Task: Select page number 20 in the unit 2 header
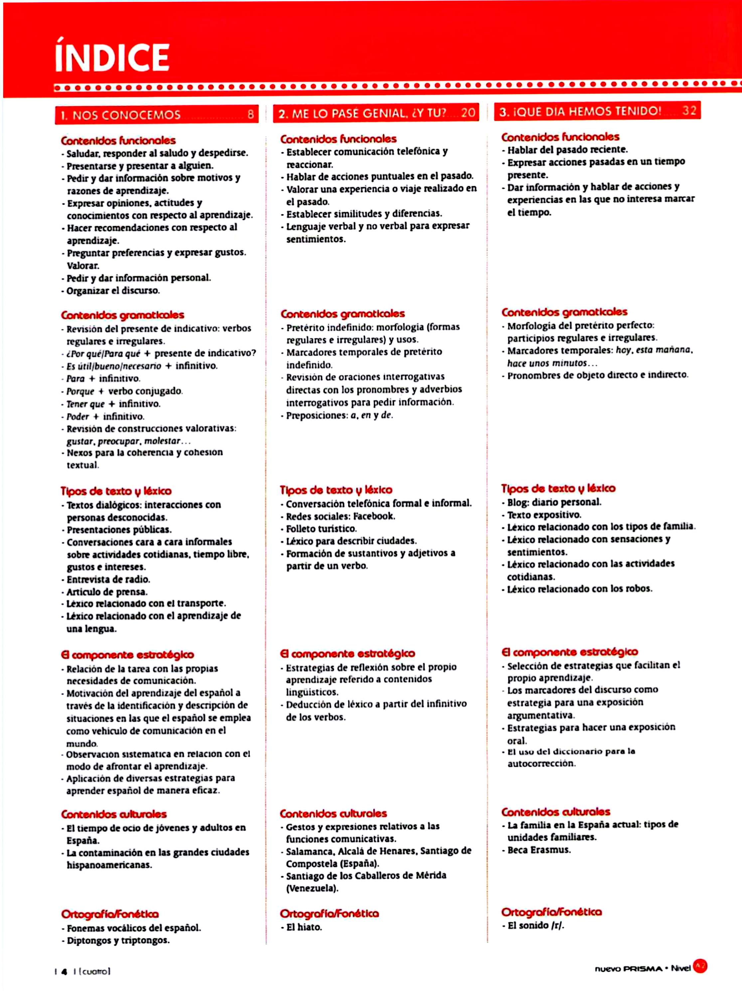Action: point(468,113)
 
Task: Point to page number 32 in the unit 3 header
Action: point(689,111)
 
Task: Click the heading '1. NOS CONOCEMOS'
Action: point(120,115)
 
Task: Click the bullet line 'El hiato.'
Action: point(304,927)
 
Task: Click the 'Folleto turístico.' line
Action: point(321,529)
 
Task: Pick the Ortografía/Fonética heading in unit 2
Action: point(329,913)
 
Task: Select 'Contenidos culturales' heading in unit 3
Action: point(556,812)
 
